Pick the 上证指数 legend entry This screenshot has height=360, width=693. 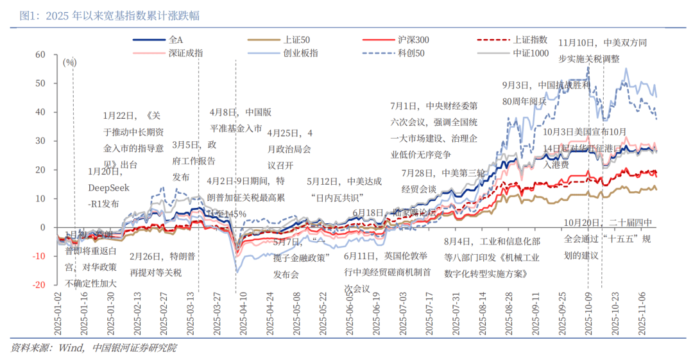[x=530, y=40]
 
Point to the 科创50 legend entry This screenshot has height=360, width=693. [x=411, y=53]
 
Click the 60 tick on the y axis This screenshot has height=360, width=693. [x=40, y=55]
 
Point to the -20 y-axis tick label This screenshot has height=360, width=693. [x=38, y=285]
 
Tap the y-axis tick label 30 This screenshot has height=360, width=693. [x=40, y=141]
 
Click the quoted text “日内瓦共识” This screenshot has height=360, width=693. [x=336, y=197]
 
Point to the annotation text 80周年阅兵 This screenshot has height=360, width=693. [x=524, y=101]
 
